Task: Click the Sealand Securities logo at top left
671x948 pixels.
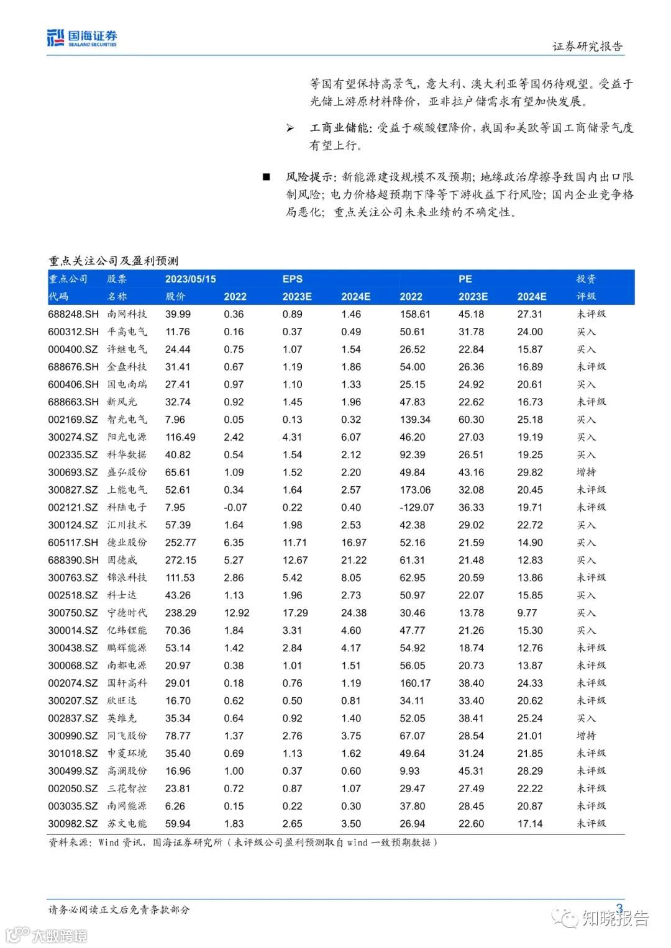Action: pyautogui.click(x=81, y=38)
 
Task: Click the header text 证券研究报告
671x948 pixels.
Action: pyautogui.click(x=587, y=47)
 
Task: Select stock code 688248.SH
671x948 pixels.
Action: pyautogui.click(x=73, y=314)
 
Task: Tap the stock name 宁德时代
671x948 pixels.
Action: pyautogui.click(x=127, y=613)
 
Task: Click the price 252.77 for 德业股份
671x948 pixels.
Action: pyautogui.click(x=180, y=543)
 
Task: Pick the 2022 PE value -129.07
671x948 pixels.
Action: pyautogui.click(x=416, y=507)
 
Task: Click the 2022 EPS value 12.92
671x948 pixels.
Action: pyautogui.click(x=236, y=613)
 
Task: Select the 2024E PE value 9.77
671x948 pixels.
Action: pyautogui.click(x=527, y=613)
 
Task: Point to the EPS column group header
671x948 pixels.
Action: pyautogui.click(x=292, y=279)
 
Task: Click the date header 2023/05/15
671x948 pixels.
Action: pyautogui.click(x=190, y=279)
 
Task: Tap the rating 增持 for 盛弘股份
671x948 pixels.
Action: pyautogui.click(x=586, y=472)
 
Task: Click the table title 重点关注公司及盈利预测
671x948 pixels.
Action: pyautogui.click(x=113, y=261)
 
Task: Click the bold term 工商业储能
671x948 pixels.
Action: pyautogui.click(x=339, y=128)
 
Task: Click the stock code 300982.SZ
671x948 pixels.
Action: pyautogui.click(x=73, y=824)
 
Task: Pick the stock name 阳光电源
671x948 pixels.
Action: pyautogui.click(x=127, y=437)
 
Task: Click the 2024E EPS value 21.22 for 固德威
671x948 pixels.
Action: pyautogui.click(x=354, y=560)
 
